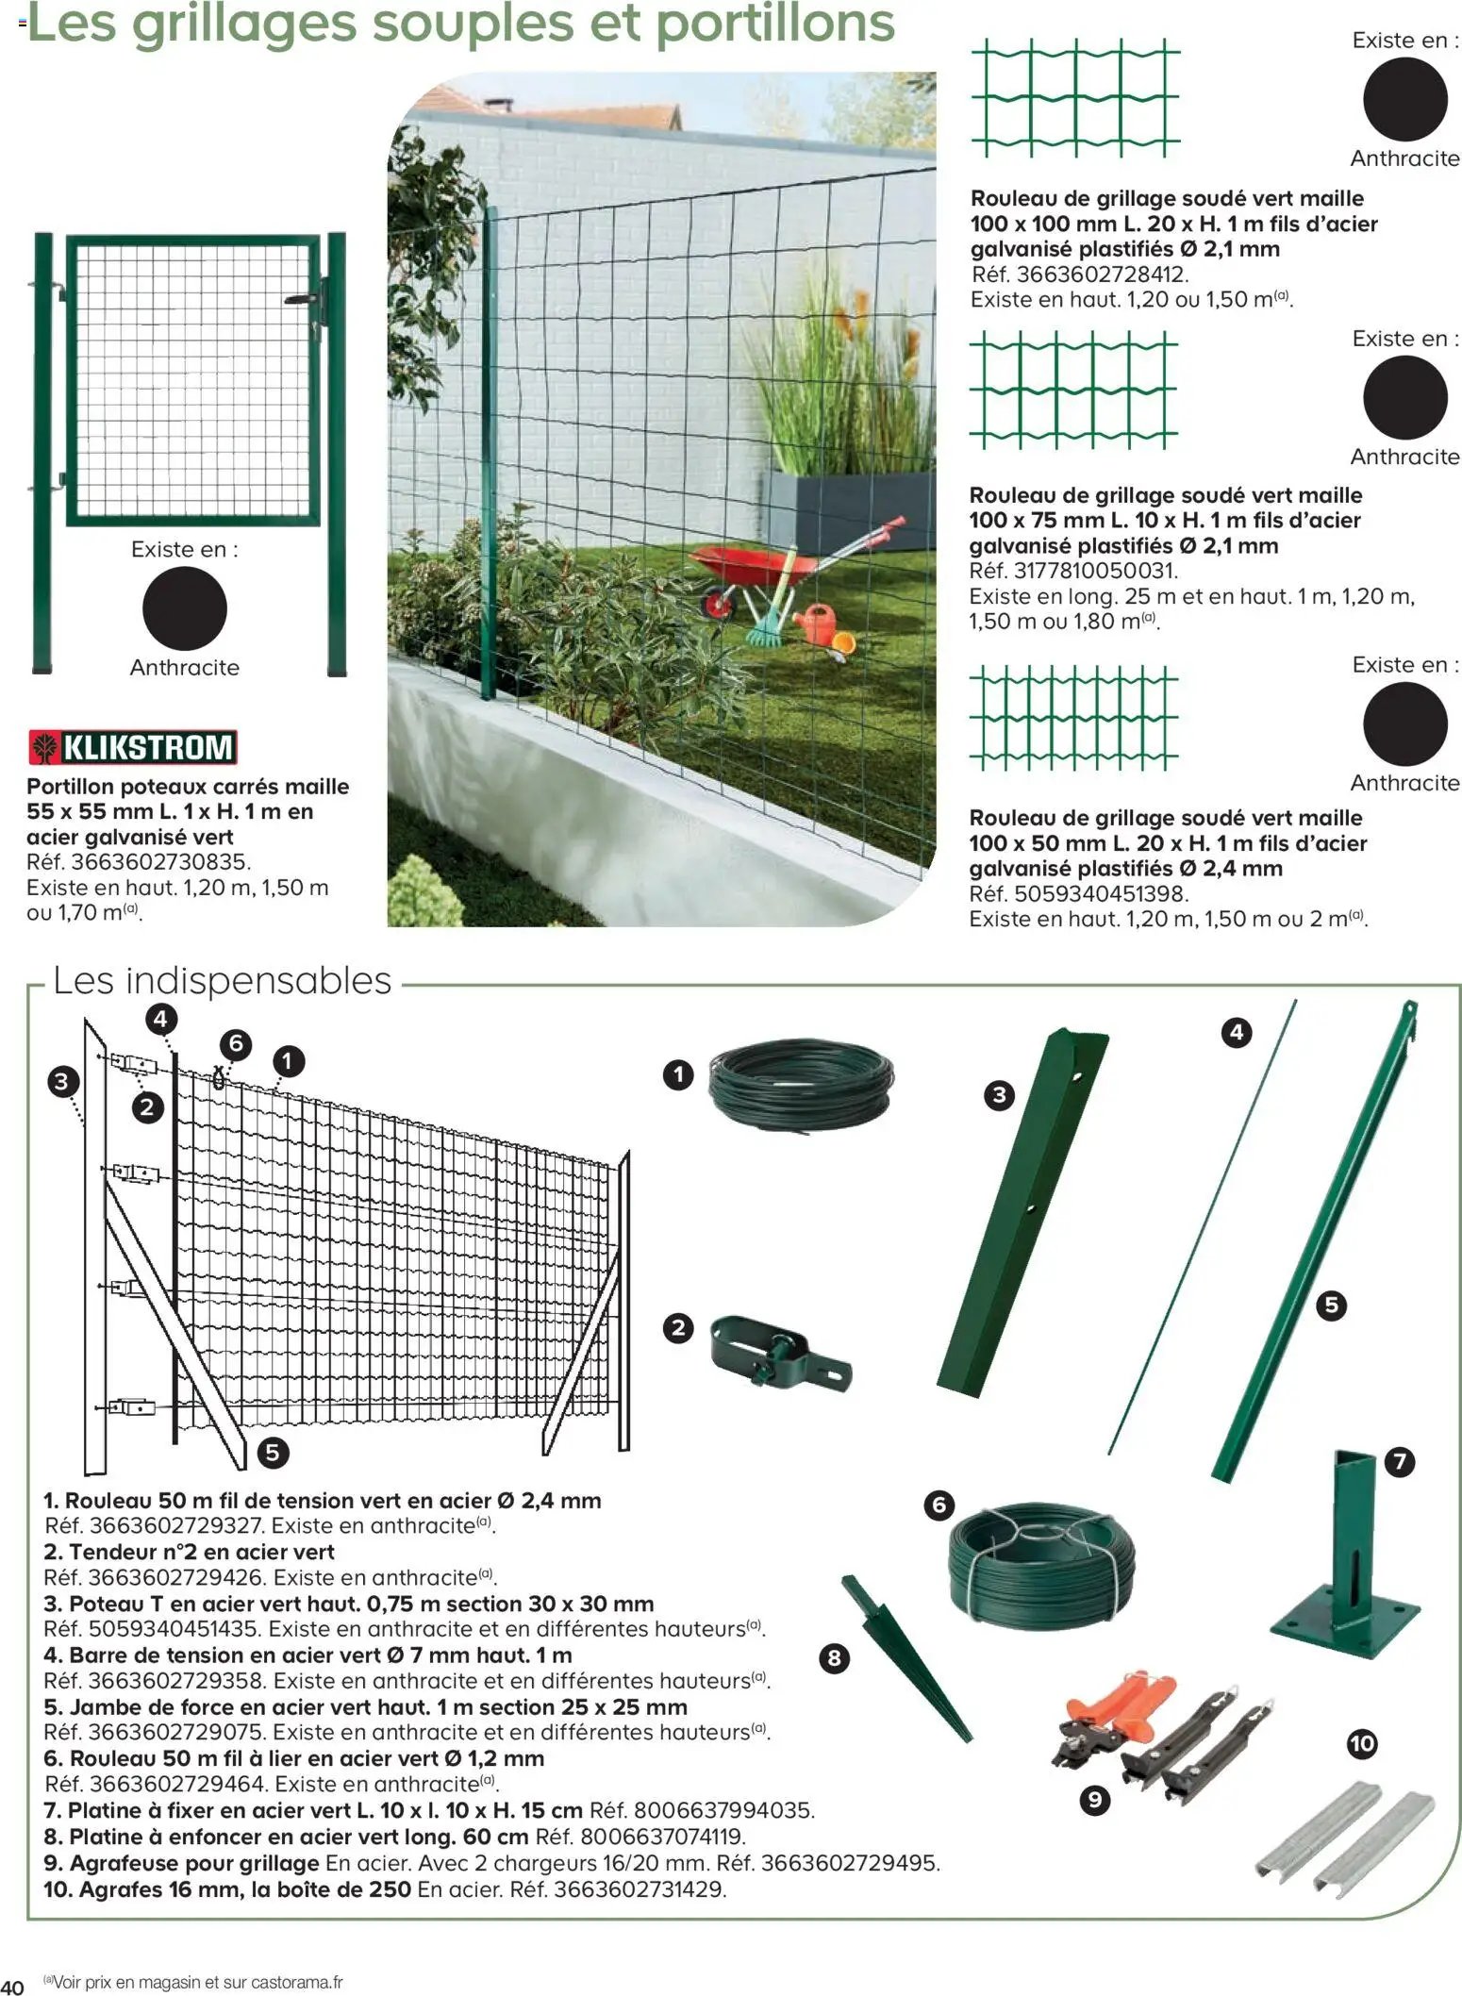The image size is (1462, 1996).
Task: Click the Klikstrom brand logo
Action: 132,747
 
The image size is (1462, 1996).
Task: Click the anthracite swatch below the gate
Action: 185,608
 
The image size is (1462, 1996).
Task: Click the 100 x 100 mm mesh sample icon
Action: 1075,97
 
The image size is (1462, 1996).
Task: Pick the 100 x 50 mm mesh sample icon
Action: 1073,716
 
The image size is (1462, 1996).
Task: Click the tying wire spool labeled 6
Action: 1041,1561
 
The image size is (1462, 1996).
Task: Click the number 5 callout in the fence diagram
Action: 272,1452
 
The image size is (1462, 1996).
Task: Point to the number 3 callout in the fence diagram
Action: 62,1081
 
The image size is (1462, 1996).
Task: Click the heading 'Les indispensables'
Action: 222,980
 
